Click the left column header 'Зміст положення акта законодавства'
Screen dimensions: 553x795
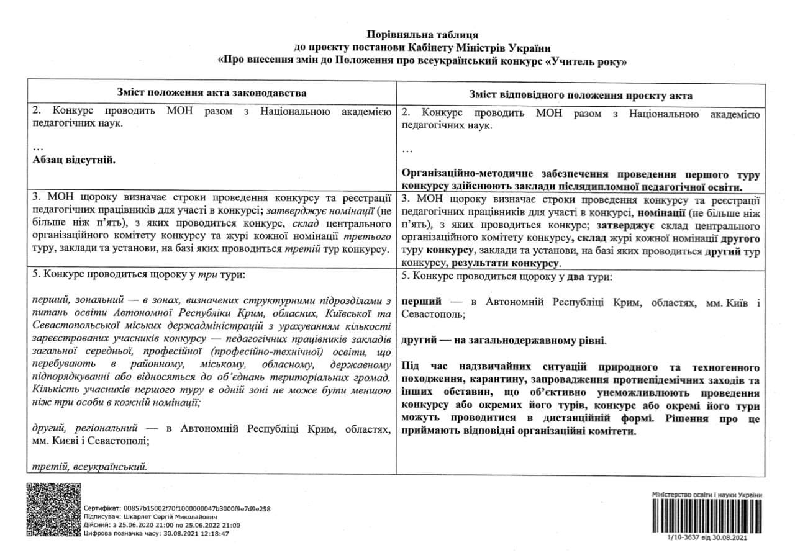212,92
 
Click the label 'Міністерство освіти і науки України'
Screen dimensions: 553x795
707,494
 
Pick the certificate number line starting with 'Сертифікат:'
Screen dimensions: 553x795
177,508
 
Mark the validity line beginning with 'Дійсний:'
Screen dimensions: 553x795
161,524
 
